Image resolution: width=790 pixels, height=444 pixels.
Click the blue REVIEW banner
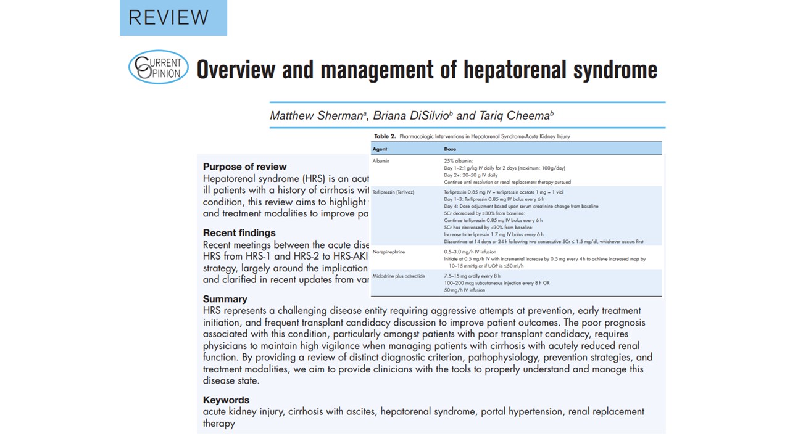coord(173,17)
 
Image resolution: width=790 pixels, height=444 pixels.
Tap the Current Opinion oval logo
coord(159,67)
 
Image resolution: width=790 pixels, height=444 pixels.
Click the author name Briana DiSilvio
coord(412,115)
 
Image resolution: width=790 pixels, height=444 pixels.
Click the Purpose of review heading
coord(244,166)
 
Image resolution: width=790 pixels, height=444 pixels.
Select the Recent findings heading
coord(239,233)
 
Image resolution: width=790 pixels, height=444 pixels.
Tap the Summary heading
coord(225,299)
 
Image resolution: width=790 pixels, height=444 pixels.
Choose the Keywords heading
coord(226,400)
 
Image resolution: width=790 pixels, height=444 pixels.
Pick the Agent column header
coord(380,149)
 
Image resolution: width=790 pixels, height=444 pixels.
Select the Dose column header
coord(451,149)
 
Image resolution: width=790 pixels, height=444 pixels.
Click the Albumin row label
coord(381,161)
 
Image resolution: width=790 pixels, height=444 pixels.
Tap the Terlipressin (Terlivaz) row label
coord(393,192)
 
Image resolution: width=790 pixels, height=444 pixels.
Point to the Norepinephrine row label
coord(389,252)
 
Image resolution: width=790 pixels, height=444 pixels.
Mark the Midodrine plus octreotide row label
coord(399,276)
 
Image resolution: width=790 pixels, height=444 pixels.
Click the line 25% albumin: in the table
coord(457,161)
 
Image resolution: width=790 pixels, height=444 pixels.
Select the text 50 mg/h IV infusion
coord(464,290)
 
